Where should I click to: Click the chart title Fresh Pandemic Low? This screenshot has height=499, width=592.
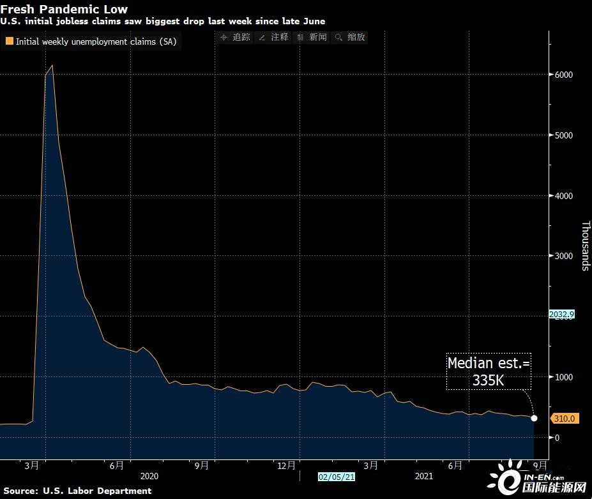pos(64,9)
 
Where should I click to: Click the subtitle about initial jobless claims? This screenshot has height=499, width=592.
pos(162,21)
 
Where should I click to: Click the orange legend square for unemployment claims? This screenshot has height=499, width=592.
pos(9,41)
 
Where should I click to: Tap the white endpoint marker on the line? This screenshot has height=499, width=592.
pos(535,419)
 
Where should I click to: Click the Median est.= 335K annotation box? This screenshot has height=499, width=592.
pos(489,371)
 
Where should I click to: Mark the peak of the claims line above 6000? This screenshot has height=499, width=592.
pos(52,65)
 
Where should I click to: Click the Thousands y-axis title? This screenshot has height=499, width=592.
pos(585,246)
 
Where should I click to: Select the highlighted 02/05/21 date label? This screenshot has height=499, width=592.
pos(337,476)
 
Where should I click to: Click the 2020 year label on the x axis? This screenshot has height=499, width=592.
pos(148,476)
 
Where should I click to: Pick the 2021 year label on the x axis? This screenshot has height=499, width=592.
pos(424,476)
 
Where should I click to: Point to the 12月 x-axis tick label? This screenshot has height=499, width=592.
pos(287,466)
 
